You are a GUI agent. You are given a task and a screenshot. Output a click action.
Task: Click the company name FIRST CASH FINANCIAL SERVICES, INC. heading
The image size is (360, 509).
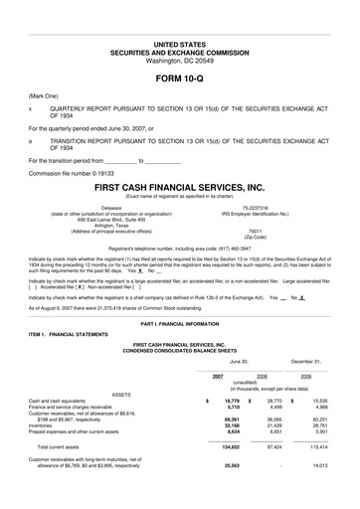(x=179, y=187)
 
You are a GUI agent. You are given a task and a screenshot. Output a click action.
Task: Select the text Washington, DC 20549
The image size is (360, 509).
(x=179, y=33)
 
